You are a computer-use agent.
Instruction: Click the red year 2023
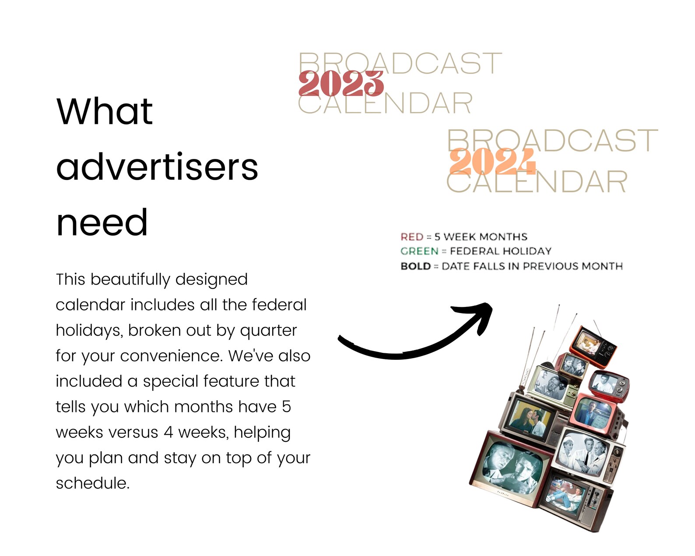point(341,84)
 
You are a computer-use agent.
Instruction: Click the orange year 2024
point(492,161)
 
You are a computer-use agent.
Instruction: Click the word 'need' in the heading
point(102,222)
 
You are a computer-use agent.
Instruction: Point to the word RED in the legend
point(412,237)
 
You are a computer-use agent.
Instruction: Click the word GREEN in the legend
point(419,251)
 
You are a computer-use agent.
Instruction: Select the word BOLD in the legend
point(416,266)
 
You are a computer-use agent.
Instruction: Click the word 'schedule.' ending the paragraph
point(93,483)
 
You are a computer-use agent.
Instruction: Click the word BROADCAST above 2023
point(400,63)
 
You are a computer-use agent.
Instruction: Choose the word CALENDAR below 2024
point(537,182)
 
